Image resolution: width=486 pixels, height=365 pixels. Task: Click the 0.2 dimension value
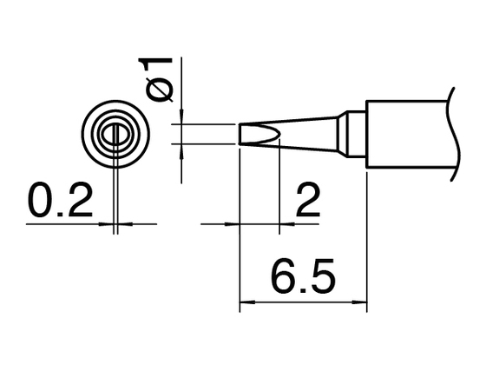(61, 201)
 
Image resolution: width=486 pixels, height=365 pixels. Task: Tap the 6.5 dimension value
(304, 276)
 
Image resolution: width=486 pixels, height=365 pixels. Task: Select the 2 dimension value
(308, 201)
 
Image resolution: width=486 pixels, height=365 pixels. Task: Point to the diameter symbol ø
(160, 90)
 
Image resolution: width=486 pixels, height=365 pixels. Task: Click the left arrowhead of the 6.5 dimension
(247, 302)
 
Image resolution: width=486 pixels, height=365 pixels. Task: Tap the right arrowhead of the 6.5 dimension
(359, 302)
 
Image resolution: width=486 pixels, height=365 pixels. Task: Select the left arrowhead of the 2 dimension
(233, 223)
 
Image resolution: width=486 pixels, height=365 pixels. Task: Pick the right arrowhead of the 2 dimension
(287, 223)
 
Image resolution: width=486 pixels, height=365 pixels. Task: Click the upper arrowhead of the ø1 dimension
(181, 116)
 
